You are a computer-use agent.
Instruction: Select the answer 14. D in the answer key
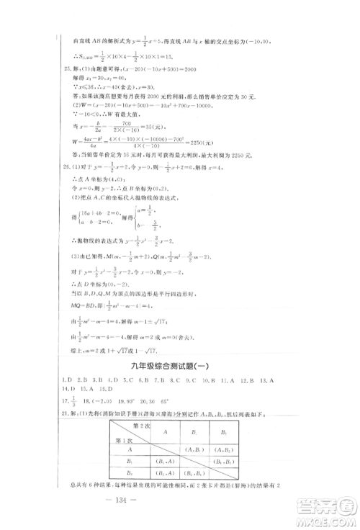70,407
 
